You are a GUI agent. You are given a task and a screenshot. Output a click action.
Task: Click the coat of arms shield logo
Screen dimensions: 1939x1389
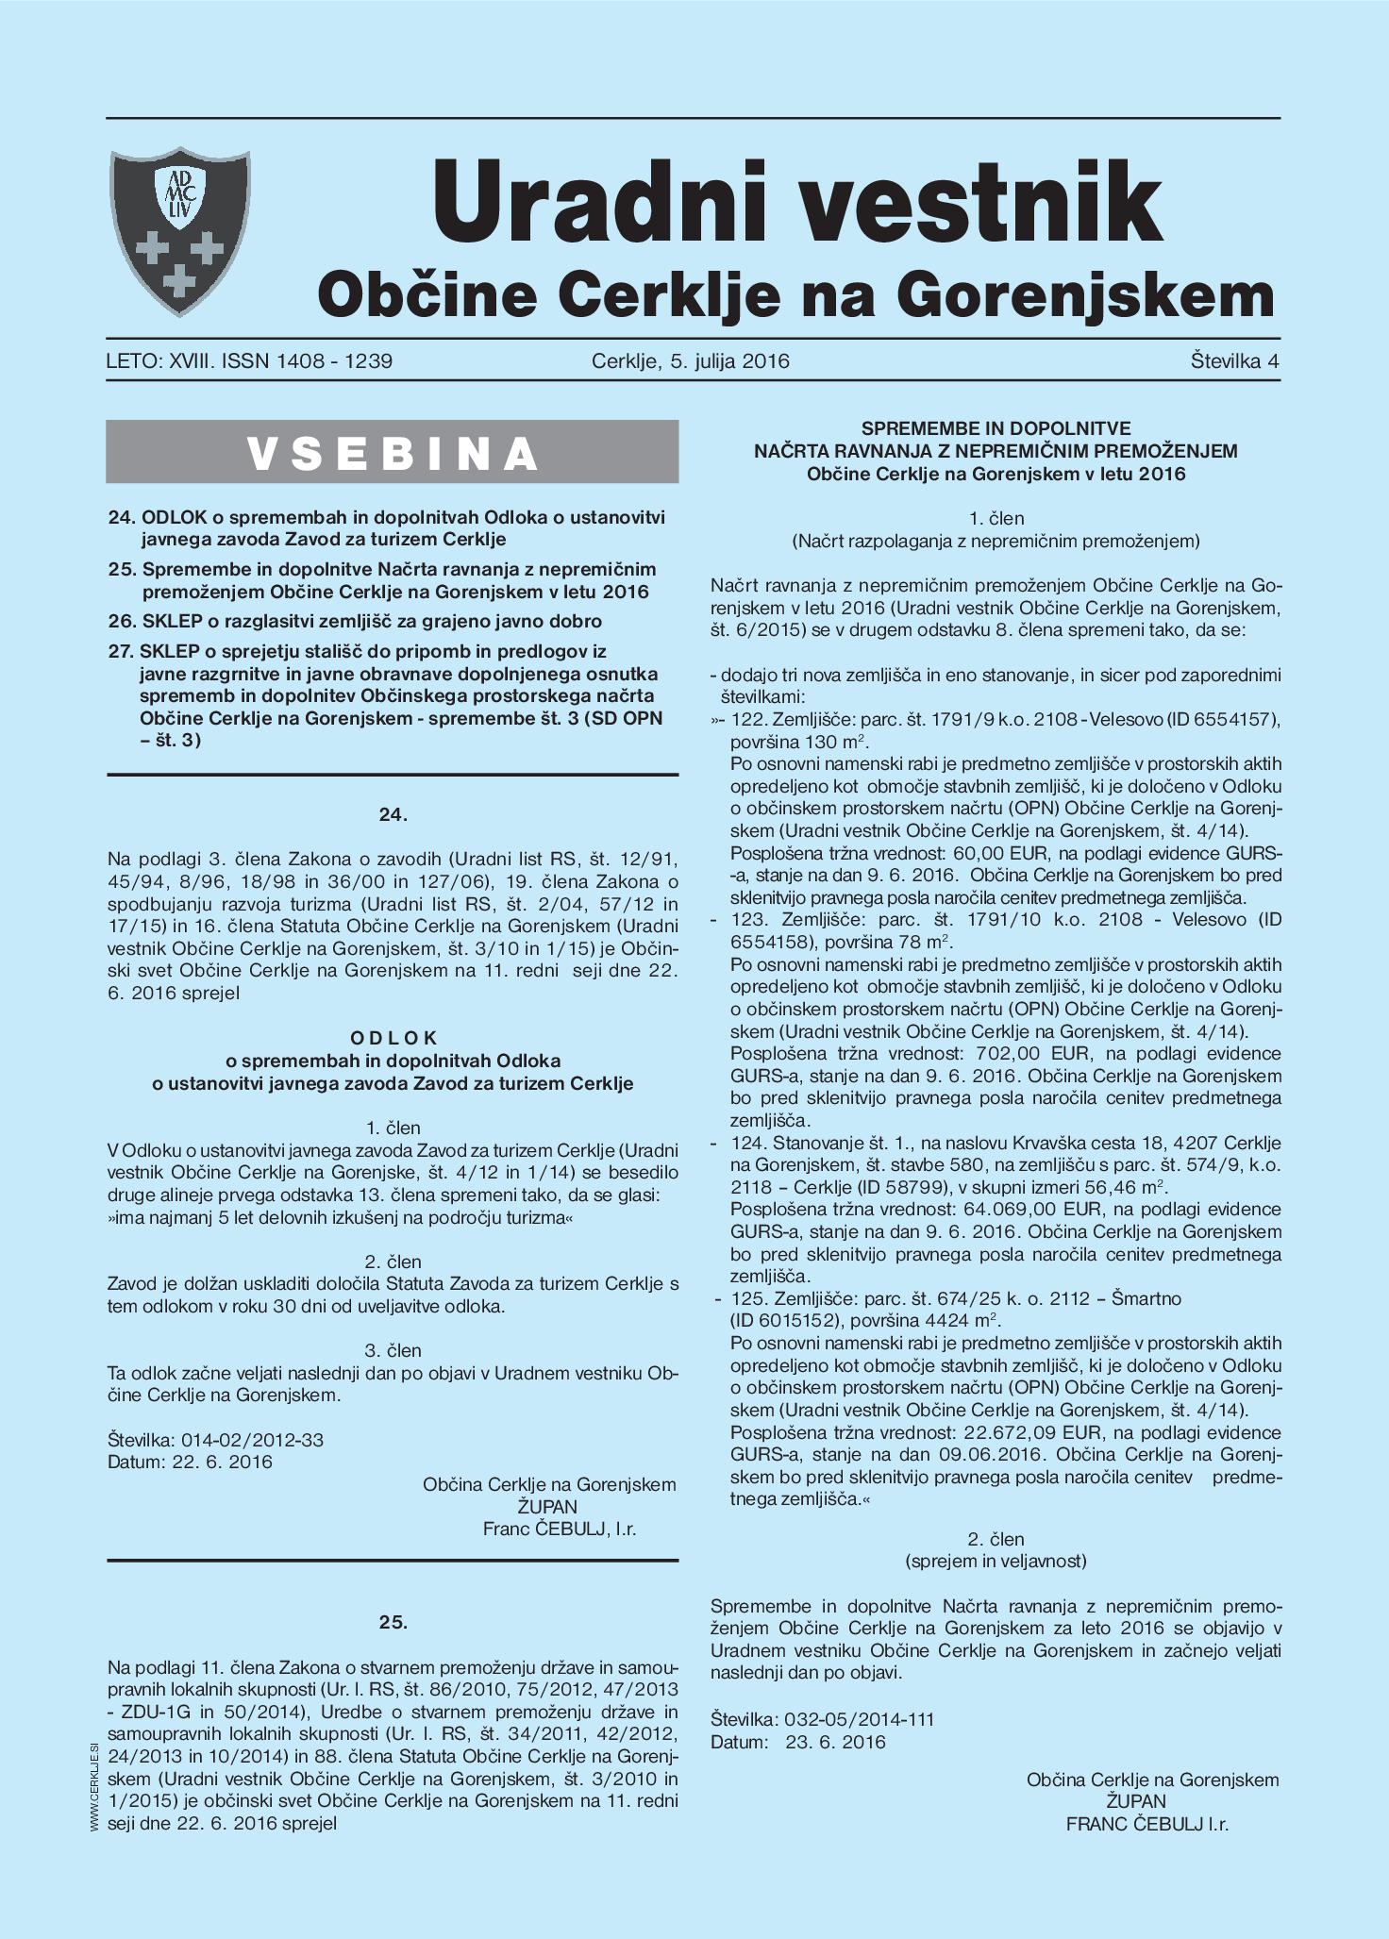pos(180,231)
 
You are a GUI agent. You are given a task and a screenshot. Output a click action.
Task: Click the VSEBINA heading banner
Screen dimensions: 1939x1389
pos(393,453)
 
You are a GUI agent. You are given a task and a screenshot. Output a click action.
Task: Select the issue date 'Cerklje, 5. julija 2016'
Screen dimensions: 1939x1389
pos(690,361)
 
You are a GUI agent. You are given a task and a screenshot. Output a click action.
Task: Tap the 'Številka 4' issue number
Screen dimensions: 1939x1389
pos(1234,361)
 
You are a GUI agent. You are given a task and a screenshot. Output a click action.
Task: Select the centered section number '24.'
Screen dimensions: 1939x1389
pos(393,815)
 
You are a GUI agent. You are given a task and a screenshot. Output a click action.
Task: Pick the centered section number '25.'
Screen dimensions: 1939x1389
pos(393,1623)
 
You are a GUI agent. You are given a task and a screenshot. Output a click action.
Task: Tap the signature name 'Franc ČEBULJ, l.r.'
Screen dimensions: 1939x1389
pos(559,1529)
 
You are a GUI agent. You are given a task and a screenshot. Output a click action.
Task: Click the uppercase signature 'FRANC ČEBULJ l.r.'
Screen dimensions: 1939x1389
pos(1146,1824)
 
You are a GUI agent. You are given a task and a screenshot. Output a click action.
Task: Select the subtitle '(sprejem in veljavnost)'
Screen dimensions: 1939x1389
pos(996,1561)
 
